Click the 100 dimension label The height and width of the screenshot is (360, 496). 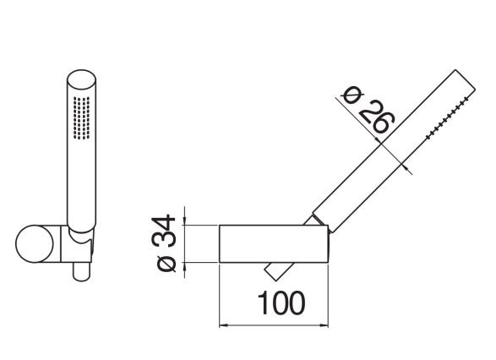(281, 303)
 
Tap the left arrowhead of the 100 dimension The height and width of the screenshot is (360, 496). (223, 325)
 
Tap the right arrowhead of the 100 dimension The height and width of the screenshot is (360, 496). (324, 325)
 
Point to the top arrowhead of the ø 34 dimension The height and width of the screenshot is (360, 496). (184, 221)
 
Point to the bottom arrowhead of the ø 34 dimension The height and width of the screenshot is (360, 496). (184, 267)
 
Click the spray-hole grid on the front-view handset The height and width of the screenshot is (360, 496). (82, 118)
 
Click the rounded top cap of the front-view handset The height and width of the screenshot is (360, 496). (82, 79)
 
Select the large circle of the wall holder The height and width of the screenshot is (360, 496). (35, 244)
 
